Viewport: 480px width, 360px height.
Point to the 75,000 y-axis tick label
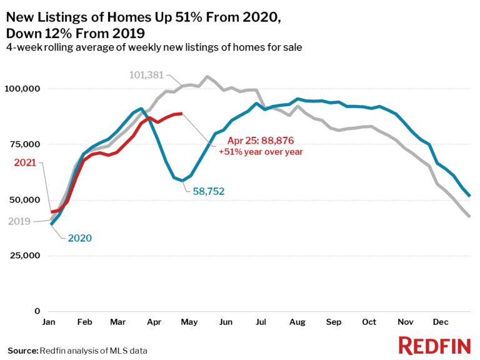pos(24,144)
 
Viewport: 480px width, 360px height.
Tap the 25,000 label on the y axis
pos(24,256)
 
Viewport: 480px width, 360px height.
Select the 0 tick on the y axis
pos(37,311)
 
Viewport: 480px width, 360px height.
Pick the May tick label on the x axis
pos(188,322)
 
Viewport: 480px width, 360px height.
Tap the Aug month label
pos(297,322)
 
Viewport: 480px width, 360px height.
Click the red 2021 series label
pos(23,163)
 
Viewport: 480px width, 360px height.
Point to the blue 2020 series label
pos(79,238)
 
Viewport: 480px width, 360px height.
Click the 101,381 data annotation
pos(146,75)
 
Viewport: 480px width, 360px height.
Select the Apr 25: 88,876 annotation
pos(256,141)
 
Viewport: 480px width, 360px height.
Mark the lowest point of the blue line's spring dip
pos(182,180)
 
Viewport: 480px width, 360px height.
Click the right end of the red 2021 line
pos(181,114)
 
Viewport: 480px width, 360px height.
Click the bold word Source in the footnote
pos(22,351)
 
